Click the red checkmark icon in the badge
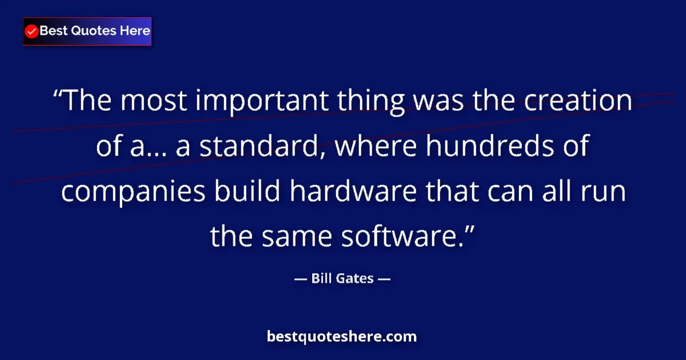pos(32,31)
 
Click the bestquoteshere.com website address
pos(342,337)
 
